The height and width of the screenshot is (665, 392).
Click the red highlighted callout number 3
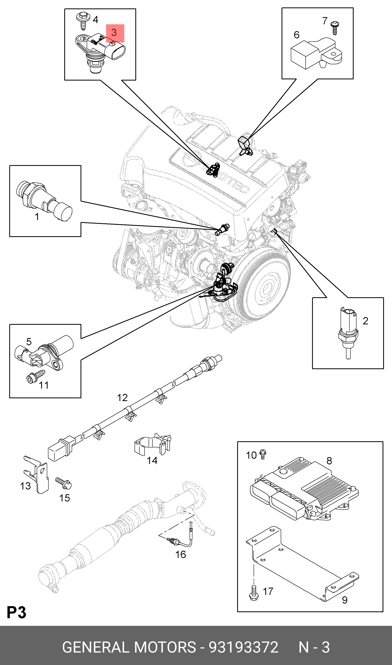pos(114,33)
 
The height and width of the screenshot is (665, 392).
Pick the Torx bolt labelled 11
pos(36,376)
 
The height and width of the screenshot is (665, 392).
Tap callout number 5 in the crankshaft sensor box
pos(29,342)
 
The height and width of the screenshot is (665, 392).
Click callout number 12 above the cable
pos(122,397)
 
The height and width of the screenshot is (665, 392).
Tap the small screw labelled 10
pos(263,455)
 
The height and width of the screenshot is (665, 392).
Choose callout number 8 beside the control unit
pos(329,461)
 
